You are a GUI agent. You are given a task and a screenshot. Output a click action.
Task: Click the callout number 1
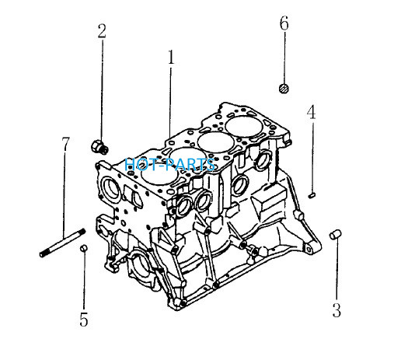(171, 57)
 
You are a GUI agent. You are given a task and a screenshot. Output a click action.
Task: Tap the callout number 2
(102, 31)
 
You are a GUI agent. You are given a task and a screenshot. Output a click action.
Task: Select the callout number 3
(337, 310)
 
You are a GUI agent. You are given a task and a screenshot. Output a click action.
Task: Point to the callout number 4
(311, 112)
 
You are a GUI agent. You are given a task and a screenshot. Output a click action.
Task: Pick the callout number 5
(84, 320)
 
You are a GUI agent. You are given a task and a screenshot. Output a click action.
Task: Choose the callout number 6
(284, 23)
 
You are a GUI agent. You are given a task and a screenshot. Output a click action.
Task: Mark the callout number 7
(65, 144)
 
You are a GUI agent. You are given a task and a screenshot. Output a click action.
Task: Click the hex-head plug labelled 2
(99, 147)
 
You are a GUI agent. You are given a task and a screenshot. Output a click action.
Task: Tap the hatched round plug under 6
(284, 88)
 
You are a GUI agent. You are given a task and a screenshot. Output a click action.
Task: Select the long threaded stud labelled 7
(62, 243)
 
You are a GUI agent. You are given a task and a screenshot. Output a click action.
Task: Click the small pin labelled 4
(312, 195)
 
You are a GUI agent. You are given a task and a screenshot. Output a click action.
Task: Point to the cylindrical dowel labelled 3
(336, 235)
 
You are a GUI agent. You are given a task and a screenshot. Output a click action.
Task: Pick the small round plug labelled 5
(83, 248)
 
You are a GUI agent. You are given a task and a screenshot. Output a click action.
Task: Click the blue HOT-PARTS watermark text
(170, 165)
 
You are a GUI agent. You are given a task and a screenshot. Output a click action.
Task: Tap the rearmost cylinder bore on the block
(244, 126)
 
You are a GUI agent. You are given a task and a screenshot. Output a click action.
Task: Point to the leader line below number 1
(170, 102)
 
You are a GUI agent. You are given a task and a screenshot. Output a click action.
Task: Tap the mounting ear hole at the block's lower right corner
(309, 250)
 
